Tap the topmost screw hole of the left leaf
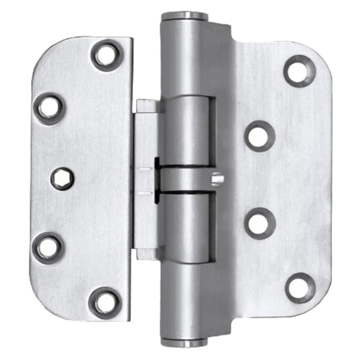(106, 56)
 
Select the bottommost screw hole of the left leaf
(105, 303)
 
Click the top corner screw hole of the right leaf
(299, 71)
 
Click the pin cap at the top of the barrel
(185, 16)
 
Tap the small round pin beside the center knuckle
(217, 179)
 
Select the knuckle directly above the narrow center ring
(186, 131)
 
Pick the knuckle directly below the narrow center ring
(186, 228)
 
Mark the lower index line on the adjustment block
(146, 193)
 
